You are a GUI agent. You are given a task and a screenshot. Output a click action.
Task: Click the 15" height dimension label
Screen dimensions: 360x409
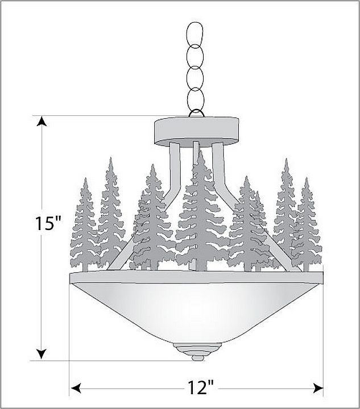point(48,223)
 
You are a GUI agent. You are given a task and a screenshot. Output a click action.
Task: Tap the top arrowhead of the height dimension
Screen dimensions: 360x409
point(42,121)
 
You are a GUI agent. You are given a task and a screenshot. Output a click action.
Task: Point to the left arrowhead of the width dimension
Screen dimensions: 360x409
point(76,387)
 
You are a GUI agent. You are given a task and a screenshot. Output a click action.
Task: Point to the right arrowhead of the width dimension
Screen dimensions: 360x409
point(318,387)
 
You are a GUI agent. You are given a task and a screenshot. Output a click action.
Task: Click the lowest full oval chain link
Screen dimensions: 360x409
point(195,99)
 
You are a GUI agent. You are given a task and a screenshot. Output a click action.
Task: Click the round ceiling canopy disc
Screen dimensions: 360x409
point(196,131)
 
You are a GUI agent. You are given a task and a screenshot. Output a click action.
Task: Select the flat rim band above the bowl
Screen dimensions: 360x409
point(196,277)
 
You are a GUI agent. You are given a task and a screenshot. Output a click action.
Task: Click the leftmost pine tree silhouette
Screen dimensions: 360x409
point(85,227)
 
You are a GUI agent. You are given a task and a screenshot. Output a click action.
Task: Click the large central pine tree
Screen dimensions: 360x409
point(201,214)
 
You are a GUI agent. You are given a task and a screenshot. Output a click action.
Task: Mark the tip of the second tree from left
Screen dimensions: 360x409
point(111,158)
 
